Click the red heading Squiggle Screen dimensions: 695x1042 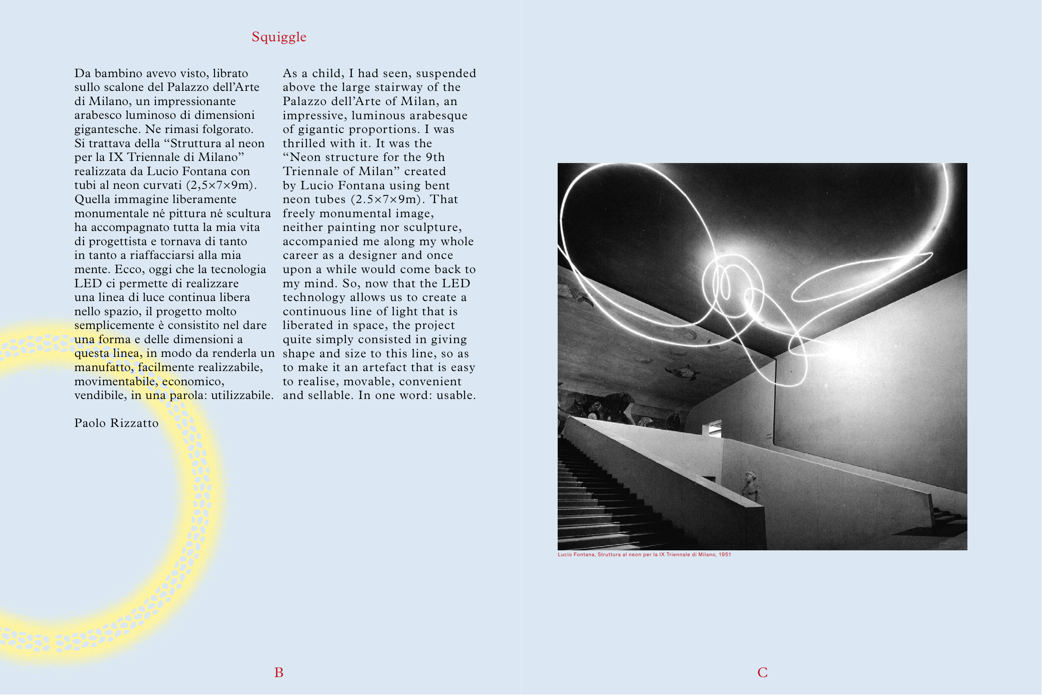point(279,37)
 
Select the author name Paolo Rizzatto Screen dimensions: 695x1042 point(116,423)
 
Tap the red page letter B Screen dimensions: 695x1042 point(279,673)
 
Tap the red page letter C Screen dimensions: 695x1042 point(762,673)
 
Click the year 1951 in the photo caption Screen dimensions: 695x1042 point(725,554)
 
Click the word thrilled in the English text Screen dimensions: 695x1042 point(304,143)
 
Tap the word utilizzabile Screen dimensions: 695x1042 point(242,395)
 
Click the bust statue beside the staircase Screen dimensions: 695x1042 point(751,487)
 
